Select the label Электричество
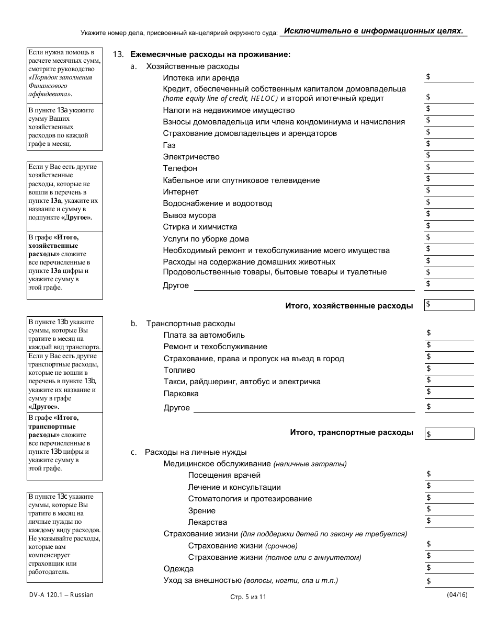pyautogui.click(x=191, y=157)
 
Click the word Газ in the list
pyautogui.click(x=169, y=145)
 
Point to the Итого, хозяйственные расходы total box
pyautogui.click(x=449, y=305)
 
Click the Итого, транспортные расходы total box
pyautogui.click(x=449, y=433)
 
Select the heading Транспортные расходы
pyautogui.click(x=190, y=324)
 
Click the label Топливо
pyautogui.click(x=179, y=370)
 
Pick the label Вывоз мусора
pyautogui.click(x=189, y=215)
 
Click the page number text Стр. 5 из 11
pyautogui.click(x=248, y=597)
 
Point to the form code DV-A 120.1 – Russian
pyautogui.click(x=61, y=595)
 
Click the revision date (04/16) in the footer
pyautogui.click(x=457, y=595)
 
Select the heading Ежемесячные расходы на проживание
pyautogui.click(x=210, y=54)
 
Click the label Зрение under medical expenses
pyautogui.click(x=201, y=511)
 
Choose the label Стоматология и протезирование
pyautogui.click(x=250, y=499)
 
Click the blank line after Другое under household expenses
pyautogui.click(x=304, y=285)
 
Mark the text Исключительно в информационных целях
pyautogui.click(x=374, y=31)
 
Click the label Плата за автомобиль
pyautogui.click(x=204, y=335)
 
